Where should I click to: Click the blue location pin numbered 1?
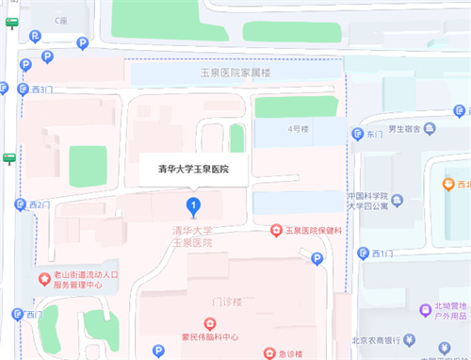click(193, 205)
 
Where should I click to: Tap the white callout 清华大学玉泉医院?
click(192, 170)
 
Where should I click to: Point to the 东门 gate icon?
click(357, 135)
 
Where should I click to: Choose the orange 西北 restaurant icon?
click(449, 185)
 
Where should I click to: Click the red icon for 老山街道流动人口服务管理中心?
click(43, 278)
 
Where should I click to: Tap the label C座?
click(61, 20)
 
